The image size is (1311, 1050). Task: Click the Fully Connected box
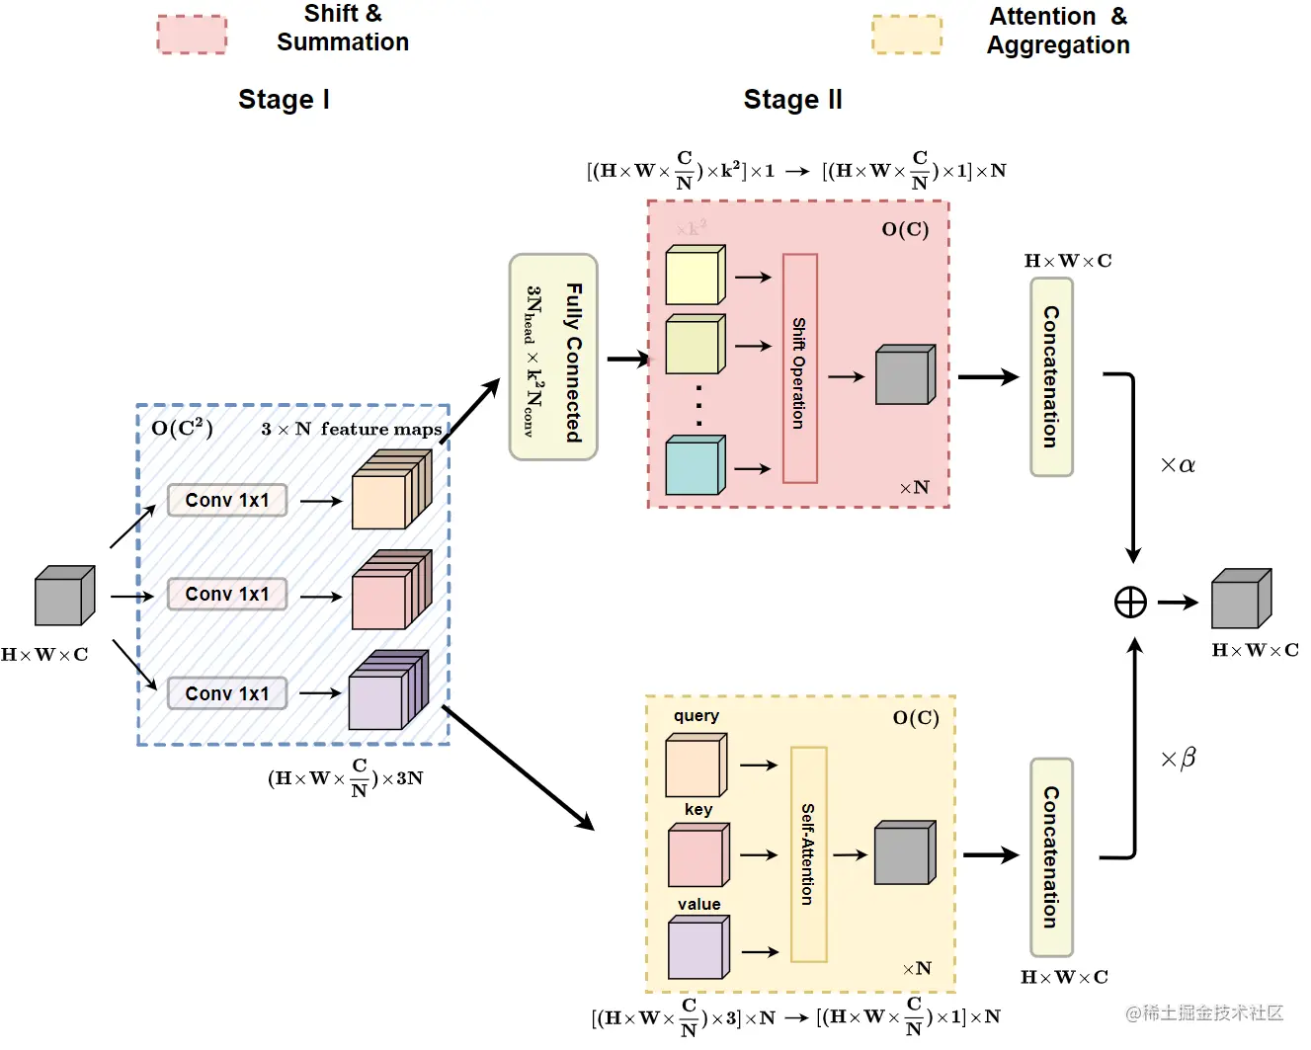[553, 358]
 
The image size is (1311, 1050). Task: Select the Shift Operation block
[799, 368]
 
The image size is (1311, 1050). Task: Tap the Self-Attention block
[808, 854]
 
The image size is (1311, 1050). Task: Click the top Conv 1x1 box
[227, 500]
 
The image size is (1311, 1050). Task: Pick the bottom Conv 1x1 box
[227, 693]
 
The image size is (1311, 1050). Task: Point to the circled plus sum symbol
[1130, 602]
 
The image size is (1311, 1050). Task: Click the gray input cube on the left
[64, 597]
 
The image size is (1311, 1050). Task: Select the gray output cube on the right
[1241, 599]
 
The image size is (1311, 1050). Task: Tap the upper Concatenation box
[1051, 376]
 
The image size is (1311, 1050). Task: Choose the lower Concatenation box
[1051, 856]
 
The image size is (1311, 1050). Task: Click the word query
[696, 716]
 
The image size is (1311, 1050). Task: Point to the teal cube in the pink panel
[696, 465]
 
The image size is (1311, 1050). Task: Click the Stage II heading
[792, 100]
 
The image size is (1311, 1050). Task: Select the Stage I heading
[284, 100]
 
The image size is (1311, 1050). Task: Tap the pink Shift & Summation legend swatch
[192, 35]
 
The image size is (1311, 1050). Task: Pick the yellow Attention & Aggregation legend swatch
[906, 35]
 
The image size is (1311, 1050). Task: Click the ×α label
[1178, 465]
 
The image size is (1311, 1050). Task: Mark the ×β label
[1178, 759]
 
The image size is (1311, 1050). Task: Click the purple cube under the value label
[698, 947]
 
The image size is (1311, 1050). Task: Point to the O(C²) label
[182, 429]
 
